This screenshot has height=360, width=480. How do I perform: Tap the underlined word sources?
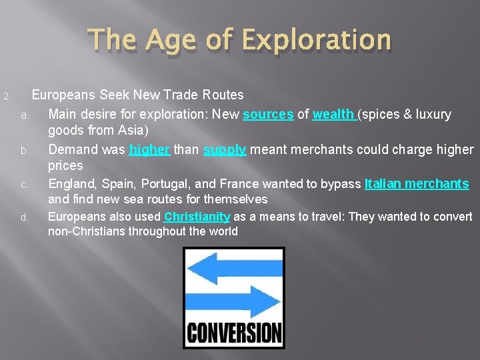click(268, 115)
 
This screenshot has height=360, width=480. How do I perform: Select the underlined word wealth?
click(334, 115)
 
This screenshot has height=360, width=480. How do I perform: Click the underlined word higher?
click(149, 149)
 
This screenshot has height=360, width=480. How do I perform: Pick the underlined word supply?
click(225, 149)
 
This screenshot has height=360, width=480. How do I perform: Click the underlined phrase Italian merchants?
click(417, 183)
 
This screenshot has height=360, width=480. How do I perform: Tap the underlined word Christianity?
click(197, 217)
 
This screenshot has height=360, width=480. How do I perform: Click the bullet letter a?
click(23, 116)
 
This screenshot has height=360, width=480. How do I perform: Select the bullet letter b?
click(23, 151)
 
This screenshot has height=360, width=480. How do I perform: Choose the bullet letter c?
click(23, 185)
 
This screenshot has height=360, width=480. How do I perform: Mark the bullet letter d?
click(23, 217)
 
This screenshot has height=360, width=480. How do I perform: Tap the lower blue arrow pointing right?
click(233, 302)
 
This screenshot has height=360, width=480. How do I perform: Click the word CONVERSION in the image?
click(234, 331)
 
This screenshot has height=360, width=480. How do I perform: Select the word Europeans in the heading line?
click(64, 95)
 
